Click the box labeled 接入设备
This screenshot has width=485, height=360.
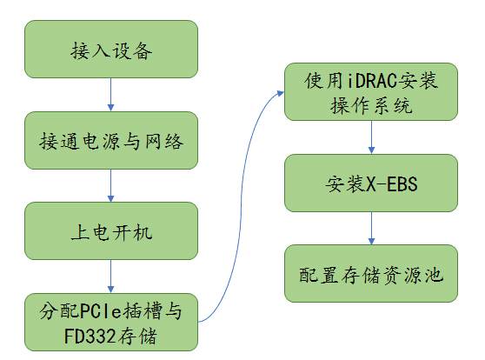(x=111, y=50)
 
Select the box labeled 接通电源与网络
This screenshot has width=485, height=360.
(x=111, y=141)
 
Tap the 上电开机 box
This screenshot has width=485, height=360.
(x=111, y=231)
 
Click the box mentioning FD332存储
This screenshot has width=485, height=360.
(x=111, y=323)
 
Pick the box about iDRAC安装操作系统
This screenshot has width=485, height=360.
(x=371, y=92)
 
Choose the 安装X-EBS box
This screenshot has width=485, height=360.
(x=371, y=183)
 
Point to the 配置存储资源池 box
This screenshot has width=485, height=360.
(x=371, y=274)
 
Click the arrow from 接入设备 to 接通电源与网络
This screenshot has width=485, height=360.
(x=110, y=95)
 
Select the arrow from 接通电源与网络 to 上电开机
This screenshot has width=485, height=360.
(x=110, y=186)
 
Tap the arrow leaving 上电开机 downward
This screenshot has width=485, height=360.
(x=110, y=277)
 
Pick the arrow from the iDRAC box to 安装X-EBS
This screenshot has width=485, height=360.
(x=371, y=137)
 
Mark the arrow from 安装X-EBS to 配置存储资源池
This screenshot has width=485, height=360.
(x=371, y=229)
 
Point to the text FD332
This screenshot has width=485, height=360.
(x=90, y=336)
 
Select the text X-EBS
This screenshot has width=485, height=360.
(x=392, y=183)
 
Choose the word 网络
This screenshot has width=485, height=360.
(x=164, y=142)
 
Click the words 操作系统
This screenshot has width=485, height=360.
(x=371, y=105)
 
